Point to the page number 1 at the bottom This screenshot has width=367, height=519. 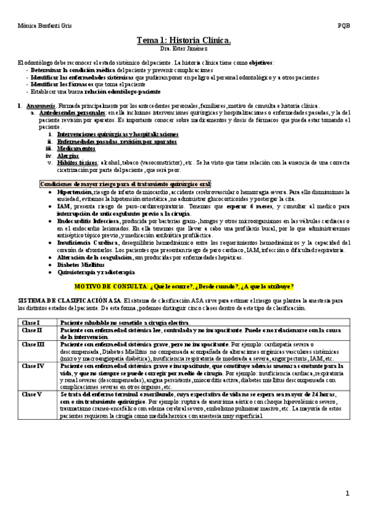347,493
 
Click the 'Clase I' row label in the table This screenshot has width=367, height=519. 31,322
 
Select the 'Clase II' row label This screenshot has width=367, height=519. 32,330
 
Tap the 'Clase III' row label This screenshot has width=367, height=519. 33,345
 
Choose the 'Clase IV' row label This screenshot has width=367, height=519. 33,366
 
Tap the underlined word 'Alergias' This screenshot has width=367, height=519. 68,155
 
